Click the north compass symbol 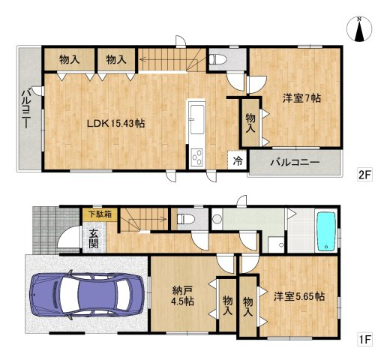(x=359, y=29)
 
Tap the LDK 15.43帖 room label (x=115, y=123)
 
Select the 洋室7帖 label (x=301, y=98)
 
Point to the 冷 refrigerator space (x=238, y=161)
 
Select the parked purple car (x=87, y=295)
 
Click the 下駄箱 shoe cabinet (x=100, y=214)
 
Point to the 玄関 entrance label (x=94, y=239)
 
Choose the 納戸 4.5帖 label (x=182, y=296)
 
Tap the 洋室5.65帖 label (x=299, y=297)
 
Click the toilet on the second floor (x=217, y=59)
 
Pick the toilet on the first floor (x=186, y=219)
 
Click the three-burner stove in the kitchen (x=197, y=157)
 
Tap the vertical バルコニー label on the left (x=26, y=107)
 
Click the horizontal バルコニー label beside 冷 (x=295, y=162)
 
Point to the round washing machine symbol (x=217, y=219)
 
